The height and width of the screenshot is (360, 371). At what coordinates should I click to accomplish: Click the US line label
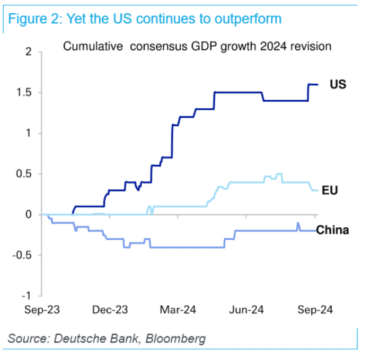338,84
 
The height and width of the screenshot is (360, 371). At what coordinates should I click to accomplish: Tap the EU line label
330,190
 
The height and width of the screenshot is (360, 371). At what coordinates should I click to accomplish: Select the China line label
333,230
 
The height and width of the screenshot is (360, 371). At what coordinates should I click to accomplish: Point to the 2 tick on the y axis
29,52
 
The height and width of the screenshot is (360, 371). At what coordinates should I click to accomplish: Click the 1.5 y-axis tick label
25,93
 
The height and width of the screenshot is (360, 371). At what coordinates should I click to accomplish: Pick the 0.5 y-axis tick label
25,174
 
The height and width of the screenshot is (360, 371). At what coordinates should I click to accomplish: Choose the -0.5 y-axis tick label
24,255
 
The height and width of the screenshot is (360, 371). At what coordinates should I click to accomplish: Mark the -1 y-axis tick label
28,295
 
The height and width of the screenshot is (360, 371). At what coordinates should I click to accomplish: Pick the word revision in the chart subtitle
312,47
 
